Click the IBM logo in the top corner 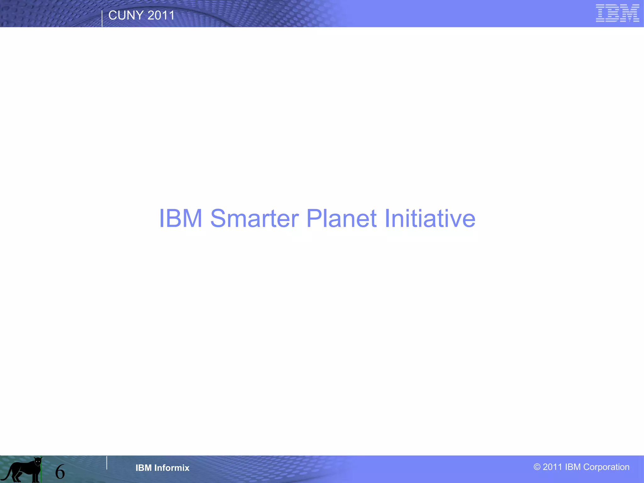617,13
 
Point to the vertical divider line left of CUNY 102,19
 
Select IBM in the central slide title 180,218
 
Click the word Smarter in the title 254,218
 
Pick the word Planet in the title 341,218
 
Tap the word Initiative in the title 430,218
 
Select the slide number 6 60,472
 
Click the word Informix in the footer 172,468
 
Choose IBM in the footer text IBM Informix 143,468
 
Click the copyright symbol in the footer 537,467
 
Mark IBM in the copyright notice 573,467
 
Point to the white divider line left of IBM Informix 107,463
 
